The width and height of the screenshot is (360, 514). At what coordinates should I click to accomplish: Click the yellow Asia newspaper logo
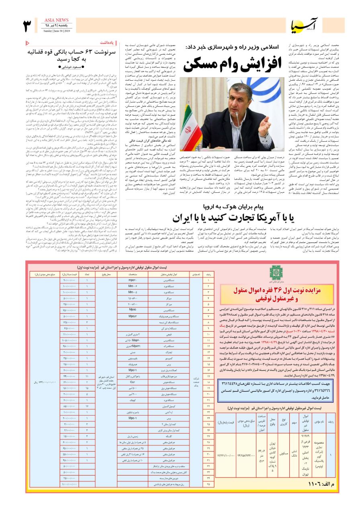coord(301,26)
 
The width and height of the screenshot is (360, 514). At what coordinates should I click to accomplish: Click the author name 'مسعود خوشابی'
coord(75,67)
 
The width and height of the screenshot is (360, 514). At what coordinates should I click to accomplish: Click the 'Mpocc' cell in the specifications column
coord(133,310)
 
